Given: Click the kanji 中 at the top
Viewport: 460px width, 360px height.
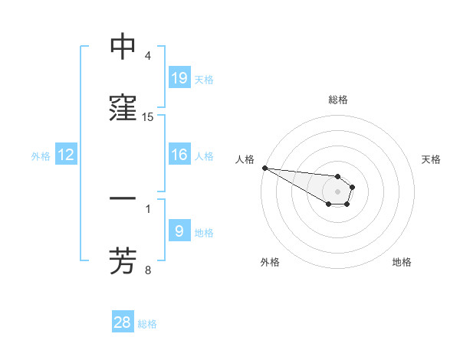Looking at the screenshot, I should pyautogui.click(x=123, y=47).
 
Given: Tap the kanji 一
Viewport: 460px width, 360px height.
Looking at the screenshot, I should pyautogui.click(x=123, y=198).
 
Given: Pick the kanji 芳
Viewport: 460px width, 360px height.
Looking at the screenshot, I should pyautogui.click(x=123, y=260).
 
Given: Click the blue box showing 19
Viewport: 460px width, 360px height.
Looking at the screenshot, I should pyautogui.click(x=179, y=77).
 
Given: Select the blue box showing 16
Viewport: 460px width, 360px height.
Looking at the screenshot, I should pyautogui.click(x=179, y=155).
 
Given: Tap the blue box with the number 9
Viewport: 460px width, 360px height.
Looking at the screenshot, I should pyautogui.click(x=179, y=231).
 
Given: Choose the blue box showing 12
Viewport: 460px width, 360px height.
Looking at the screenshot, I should pyautogui.click(x=66, y=155).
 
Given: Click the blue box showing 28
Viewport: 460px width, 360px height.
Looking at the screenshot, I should pyautogui.click(x=123, y=322).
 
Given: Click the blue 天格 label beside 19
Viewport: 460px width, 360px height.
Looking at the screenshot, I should pyautogui.click(x=204, y=79).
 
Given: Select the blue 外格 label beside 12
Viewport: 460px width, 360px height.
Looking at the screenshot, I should pyautogui.click(x=41, y=156).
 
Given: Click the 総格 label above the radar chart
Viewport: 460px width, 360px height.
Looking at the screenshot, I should pyautogui.click(x=337, y=100).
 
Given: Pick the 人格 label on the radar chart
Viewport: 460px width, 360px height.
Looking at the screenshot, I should pyautogui.click(x=245, y=159).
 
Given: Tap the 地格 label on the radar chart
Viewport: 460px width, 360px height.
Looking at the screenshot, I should pyautogui.click(x=402, y=263).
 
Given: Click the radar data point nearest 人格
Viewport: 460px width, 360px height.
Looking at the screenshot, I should pyautogui.click(x=264, y=168).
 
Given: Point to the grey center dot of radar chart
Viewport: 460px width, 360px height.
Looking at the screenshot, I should pyautogui.click(x=337, y=191).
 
